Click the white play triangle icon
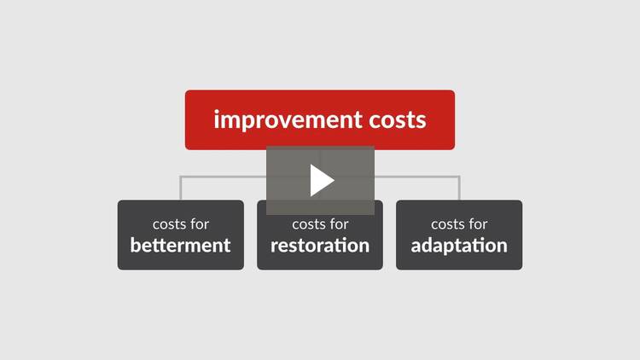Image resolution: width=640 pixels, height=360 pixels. (x=321, y=180)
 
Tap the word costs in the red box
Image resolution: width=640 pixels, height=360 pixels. (x=398, y=120)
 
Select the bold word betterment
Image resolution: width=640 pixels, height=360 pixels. (x=180, y=246)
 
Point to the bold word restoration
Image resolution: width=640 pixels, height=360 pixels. (x=320, y=246)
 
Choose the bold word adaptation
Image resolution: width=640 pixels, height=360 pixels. (x=459, y=246)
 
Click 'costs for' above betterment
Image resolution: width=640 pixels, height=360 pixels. (x=181, y=224)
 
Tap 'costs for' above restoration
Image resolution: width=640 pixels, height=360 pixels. (x=320, y=224)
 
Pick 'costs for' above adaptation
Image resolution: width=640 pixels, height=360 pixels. (x=459, y=224)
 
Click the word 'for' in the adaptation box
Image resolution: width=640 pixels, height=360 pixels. (x=478, y=224)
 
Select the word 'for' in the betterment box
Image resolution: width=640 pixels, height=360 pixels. (x=200, y=224)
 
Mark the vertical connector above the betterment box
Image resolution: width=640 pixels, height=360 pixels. (x=180, y=189)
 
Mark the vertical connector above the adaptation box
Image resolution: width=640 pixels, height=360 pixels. (x=459, y=189)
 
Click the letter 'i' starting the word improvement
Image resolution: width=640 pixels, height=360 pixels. (x=217, y=119)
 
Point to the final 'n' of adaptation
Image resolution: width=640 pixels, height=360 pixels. (x=502, y=247)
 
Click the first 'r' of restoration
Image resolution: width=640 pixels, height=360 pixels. (x=275, y=247)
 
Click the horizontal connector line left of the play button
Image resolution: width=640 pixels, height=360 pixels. (x=224, y=177)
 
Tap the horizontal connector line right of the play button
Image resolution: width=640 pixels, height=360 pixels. (x=417, y=177)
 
